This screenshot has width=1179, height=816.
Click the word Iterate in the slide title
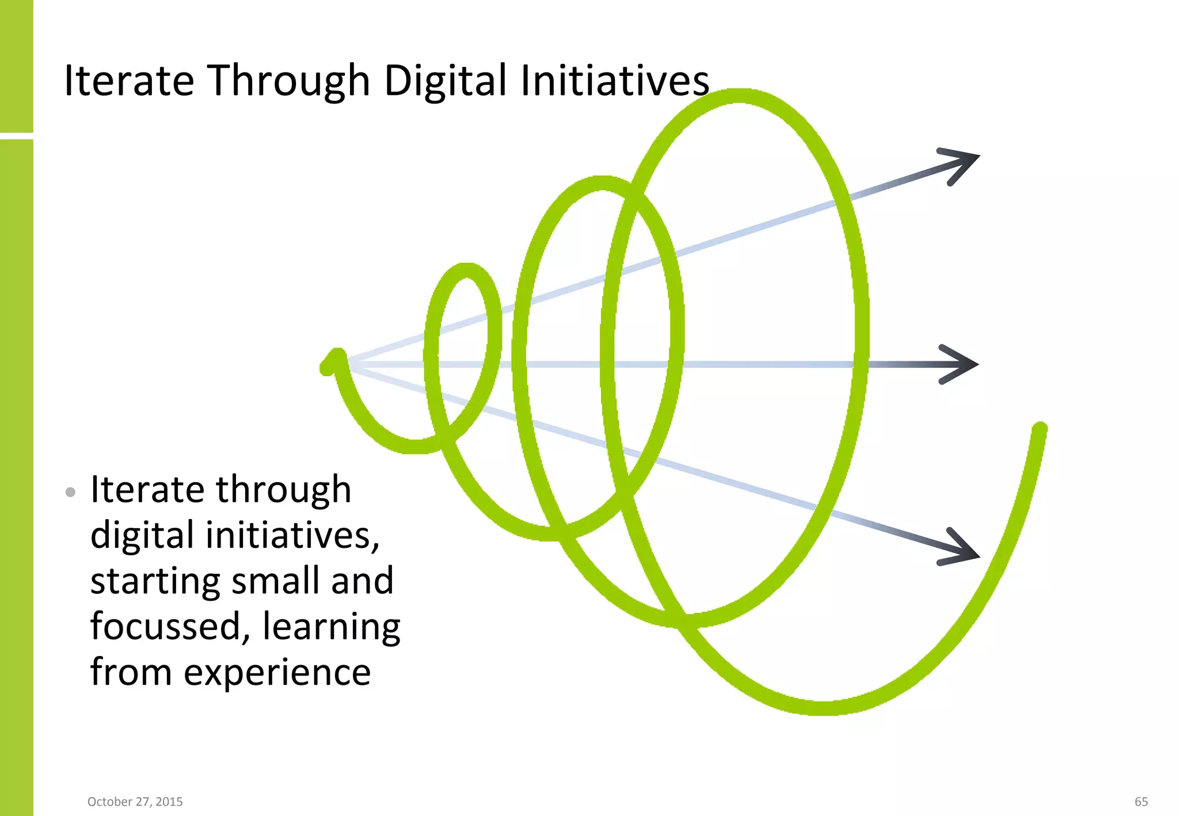tap(129, 80)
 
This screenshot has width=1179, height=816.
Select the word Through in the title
tap(288, 80)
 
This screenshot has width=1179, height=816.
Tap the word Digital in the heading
tap(446, 80)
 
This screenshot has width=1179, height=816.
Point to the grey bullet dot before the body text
tap(70, 492)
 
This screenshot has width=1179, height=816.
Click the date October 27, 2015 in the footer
tap(135, 802)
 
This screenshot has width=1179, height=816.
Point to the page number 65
tap(1141, 802)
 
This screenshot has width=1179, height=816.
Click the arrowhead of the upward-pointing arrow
tap(963, 162)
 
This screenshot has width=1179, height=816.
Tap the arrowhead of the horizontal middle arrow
tap(963, 364)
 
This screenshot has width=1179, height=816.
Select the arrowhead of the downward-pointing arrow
tap(963, 550)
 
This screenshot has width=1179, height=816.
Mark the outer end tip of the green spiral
tap(1040, 429)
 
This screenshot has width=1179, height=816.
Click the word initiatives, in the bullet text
tap(292, 535)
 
